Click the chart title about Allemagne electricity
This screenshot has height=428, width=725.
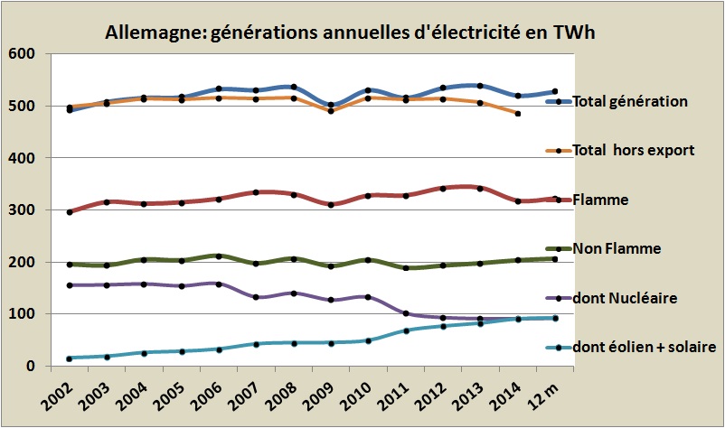click(x=353, y=33)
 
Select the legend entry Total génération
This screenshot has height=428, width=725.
click(x=631, y=102)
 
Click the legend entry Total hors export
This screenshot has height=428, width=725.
click(x=633, y=150)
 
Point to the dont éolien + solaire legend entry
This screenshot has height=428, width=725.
click(x=644, y=348)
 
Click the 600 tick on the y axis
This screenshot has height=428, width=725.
click(x=21, y=54)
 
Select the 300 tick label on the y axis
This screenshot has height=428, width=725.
click(x=21, y=210)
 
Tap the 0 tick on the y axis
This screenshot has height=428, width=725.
click(x=29, y=367)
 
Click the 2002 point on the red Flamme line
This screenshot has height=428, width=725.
click(x=70, y=212)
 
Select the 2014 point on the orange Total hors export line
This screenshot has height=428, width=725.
click(x=517, y=114)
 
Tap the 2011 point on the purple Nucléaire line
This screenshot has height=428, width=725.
click(x=405, y=313)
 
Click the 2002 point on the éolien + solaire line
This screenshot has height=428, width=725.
click(x=70, y=358)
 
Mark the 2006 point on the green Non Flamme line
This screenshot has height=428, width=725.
click(x=219, y=256)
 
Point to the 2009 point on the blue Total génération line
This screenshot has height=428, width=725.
click(x=331, y=106)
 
